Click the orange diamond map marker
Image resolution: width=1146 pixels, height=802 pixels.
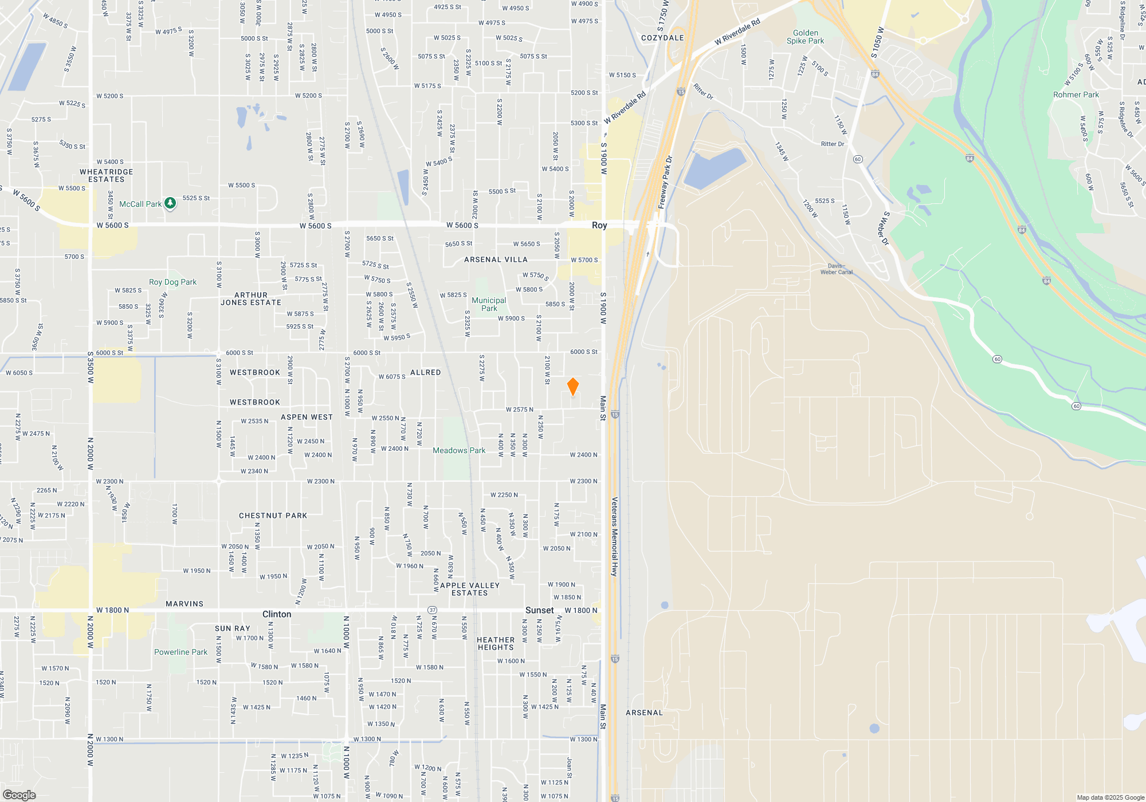[x=572, y=387]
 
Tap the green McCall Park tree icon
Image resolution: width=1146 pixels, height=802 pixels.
[x=170, y=203]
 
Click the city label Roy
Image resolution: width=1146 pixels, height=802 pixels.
[x=599, y=225]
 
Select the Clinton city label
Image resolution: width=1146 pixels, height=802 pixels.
[x=277, y=614]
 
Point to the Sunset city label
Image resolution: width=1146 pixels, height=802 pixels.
[x=539, y=611]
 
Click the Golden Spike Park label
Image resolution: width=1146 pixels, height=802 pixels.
[x=805, y=37]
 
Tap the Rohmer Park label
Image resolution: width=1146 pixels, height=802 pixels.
[x=1076, y=95]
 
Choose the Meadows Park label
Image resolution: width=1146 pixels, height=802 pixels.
[x=458, y=451]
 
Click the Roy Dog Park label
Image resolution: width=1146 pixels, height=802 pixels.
[x=172, y=282]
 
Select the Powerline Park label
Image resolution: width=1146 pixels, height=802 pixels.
[x=180, y=652]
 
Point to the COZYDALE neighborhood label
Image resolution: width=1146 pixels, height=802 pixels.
[x=662, y=38]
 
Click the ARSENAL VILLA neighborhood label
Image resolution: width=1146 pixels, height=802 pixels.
[x=496, y=260]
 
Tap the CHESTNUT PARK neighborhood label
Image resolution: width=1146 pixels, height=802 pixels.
[x=273, y=516]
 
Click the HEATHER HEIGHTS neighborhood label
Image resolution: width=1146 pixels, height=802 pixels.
[x=496, y=644]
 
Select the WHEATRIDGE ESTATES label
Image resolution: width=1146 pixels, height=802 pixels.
[x=106, y=176]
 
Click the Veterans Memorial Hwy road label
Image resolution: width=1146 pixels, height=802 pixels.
[x=614, y=536]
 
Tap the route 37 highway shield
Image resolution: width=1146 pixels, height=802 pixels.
[x=433, y=610]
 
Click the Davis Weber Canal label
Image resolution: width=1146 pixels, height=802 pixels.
[x=836, y=269]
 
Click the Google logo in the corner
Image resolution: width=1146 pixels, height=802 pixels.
[x=19, y=795]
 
